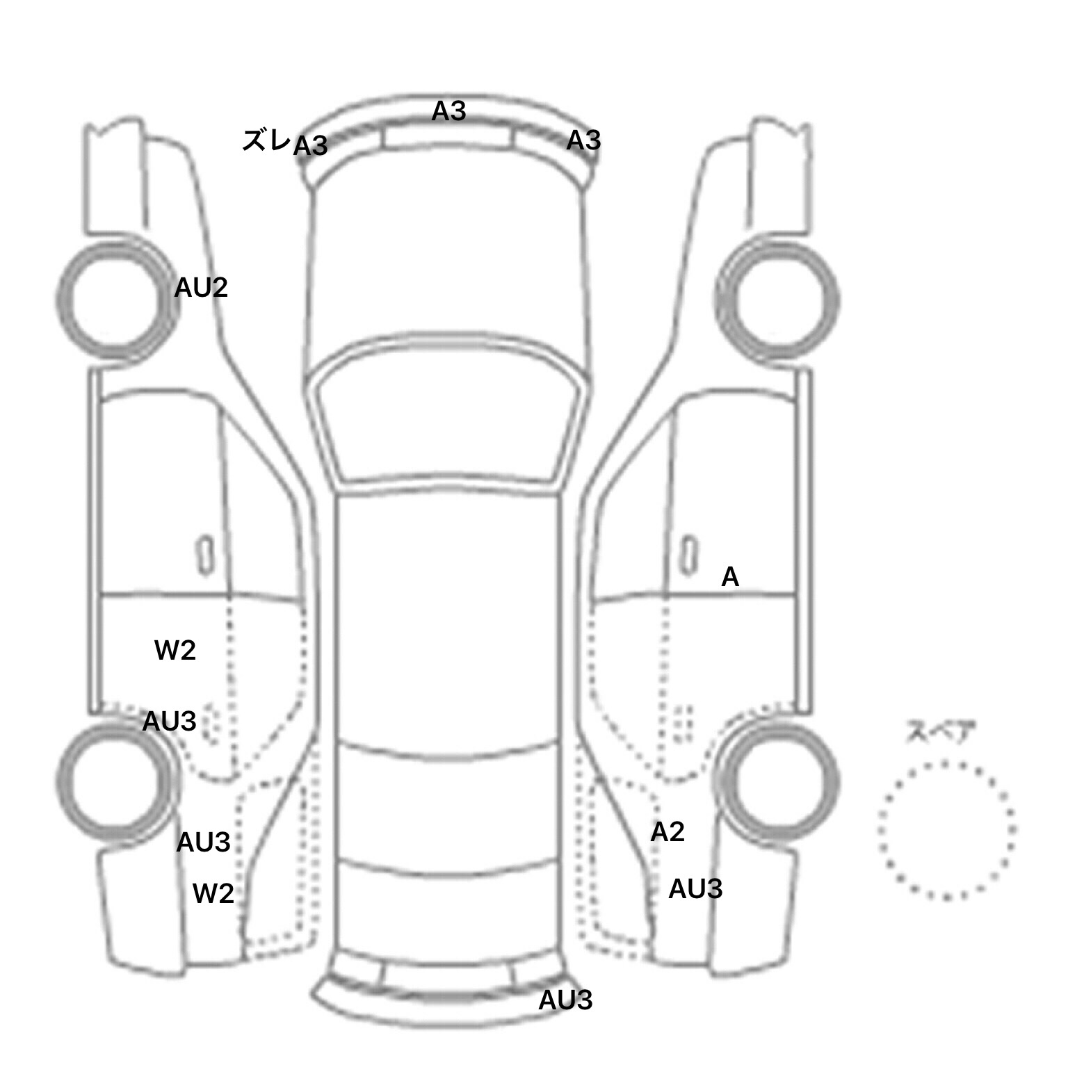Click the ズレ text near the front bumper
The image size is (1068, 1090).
coord(266,140)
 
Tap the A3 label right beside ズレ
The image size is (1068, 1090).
coord(310,146)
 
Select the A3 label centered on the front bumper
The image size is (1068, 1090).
coord(448,111)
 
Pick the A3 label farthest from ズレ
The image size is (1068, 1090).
coord(583,140)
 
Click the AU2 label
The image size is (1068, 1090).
coord(201,288)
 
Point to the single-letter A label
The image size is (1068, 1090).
coord(730,577)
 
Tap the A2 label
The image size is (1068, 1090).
coord(667,832)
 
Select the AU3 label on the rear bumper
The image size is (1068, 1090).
coord(565,1000)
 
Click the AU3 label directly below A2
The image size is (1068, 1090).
coord(695,889)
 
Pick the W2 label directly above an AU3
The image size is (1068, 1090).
coord(175,651)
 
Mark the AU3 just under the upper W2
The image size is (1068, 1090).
coord(169,722)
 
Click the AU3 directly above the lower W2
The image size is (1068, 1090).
coord(203,843)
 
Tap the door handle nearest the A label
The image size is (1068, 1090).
coord(689,556)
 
